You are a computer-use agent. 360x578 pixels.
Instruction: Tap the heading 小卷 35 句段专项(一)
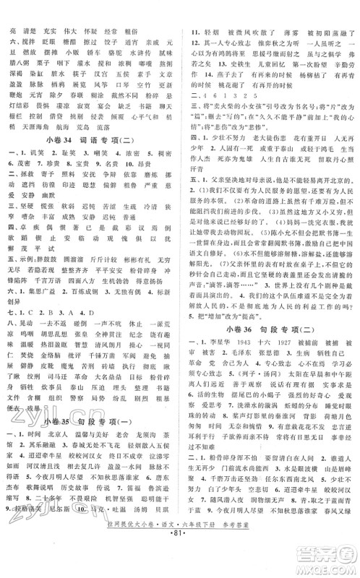coord(90,422)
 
